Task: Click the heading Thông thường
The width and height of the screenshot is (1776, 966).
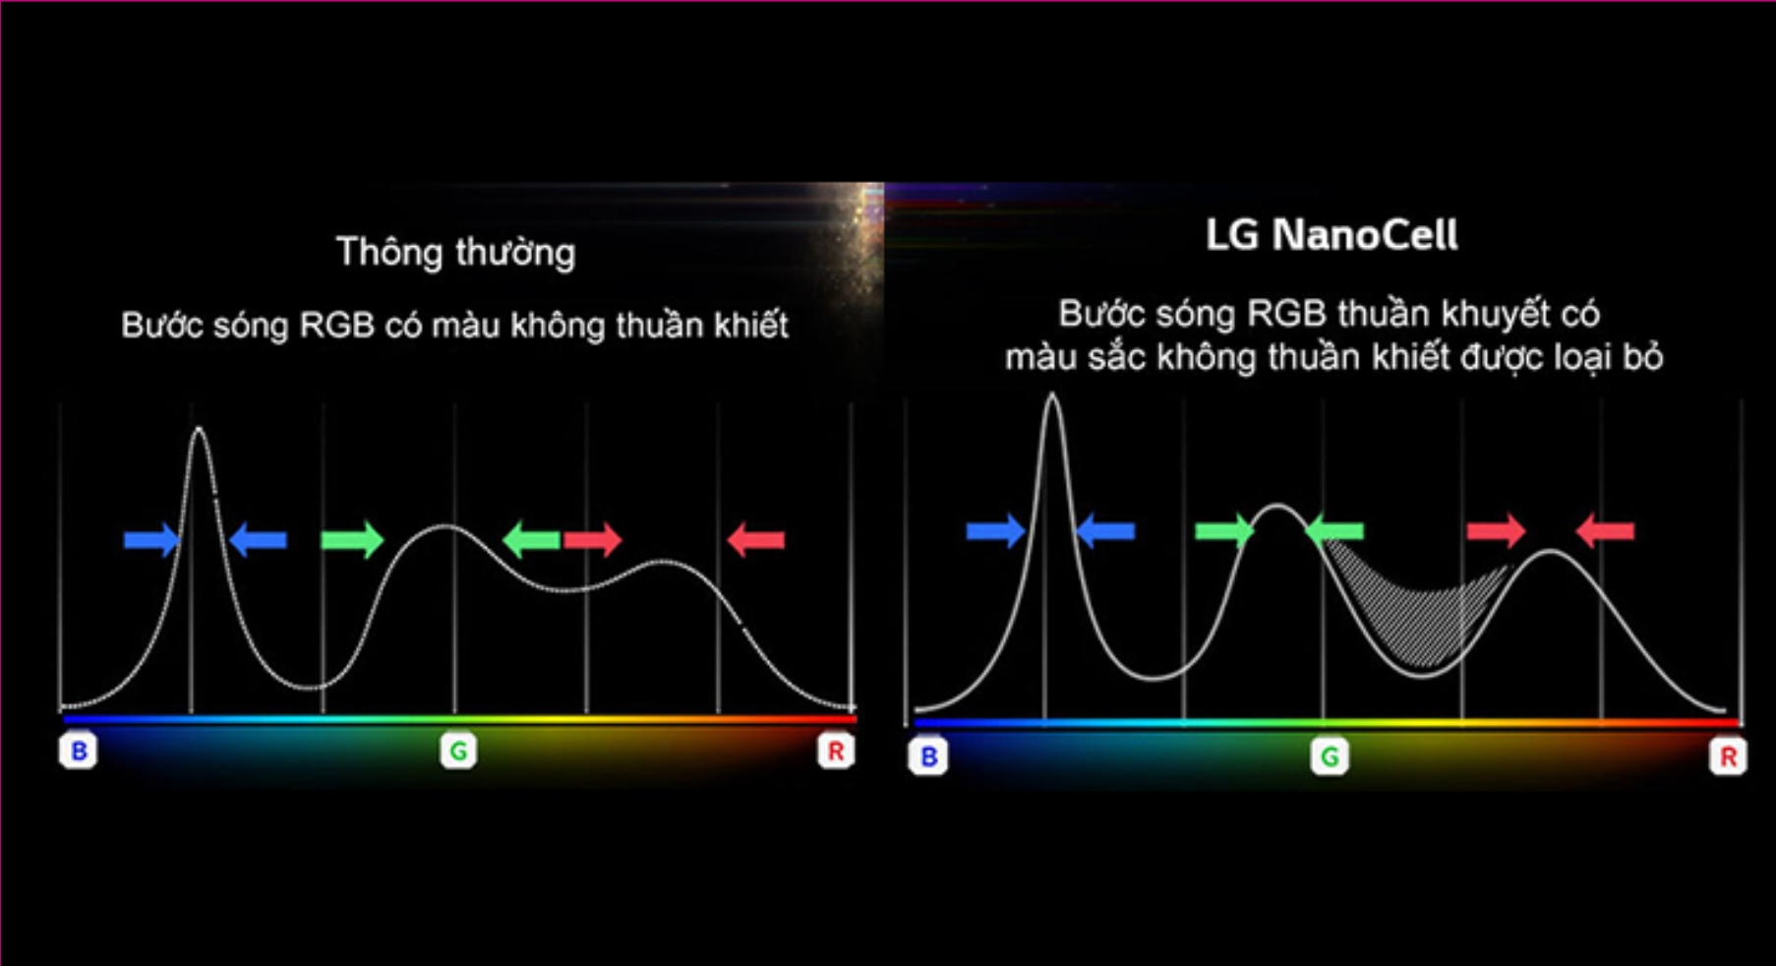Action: (x=455, y=253)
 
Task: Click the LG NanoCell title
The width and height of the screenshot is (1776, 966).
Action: (x=1332, y=236)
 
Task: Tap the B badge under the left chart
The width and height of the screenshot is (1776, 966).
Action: (x=79, y=752)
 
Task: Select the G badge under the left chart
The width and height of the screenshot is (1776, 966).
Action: (x=458, y=752)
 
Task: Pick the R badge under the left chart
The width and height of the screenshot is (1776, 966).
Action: (x=836, y=752)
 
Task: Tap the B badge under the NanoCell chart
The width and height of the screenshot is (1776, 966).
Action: (x=928, y=757)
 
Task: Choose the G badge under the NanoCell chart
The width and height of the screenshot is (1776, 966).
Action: (x=1330, y=757)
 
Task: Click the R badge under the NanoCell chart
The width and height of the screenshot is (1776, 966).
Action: (x=1728, y=757)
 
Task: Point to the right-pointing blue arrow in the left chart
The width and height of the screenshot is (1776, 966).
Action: (x=151, y=539)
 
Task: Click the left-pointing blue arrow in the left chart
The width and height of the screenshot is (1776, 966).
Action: (x=258, y=539)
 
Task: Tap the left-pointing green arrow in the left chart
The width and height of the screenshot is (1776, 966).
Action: (x=531, y=539)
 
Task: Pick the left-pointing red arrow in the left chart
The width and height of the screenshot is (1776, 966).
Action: (x=755, y=539)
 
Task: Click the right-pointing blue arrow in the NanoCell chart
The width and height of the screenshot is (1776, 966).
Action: (x=995, y=531)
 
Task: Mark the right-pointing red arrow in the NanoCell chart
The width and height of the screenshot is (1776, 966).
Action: (x=1495, y=531)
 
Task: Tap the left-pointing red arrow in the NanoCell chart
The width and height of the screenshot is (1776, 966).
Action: (x=1605, y=531)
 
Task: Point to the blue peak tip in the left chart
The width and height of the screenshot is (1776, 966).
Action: (x=199, y=429)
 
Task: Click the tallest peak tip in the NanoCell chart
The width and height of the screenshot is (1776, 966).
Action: (x=1052, y=395)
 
